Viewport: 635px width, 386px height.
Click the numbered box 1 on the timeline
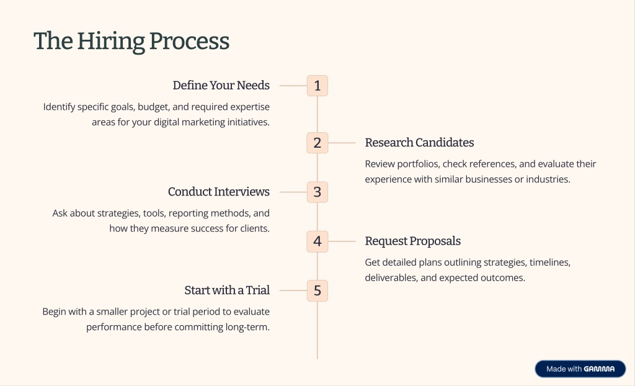(x=317, y=86)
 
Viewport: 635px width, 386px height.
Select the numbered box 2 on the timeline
(x=317, y=143)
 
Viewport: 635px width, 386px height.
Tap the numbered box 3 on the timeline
(x=317, y=192)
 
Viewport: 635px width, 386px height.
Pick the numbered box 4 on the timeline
(x=317, y=241)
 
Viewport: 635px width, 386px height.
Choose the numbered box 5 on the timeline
(x=317, y=290)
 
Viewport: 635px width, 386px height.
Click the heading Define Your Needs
(x=221, y=86)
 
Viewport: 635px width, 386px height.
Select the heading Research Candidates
(x=419, y=143)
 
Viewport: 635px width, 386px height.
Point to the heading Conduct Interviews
(x=218, y=192)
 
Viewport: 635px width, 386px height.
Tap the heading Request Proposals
(x=412, y=241)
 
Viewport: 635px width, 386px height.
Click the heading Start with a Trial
(x=226, y=290)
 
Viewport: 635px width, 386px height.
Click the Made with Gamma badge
(x=580, y=369)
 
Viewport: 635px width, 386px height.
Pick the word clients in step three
(x=254, y=228)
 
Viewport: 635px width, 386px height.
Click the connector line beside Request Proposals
(x=341, y=241)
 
